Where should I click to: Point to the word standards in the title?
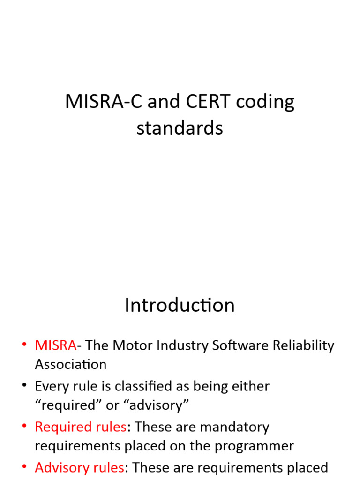(x=180, y=127)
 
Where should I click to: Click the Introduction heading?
(x=180, y=305)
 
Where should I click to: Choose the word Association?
(x=71, y=364)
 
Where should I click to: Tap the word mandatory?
(x=234, y=427)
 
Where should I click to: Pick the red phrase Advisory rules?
(x=79, y=468)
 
